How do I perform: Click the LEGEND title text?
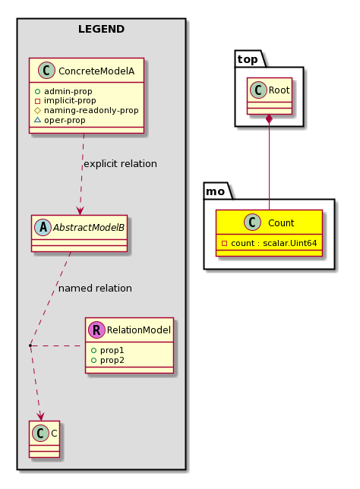[x=101, y=29]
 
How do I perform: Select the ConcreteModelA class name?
[x=96, y=71]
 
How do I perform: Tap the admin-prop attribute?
[x=68, y=91]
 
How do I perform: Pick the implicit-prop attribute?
[x=70, y=101]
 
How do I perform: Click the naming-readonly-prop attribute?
[x=91, y=110]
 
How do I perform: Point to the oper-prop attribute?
[x=65, y=120]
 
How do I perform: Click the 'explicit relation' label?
[x=121, y=164]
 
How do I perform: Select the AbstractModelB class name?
[x=89, y=228]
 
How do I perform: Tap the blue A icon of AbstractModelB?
[x=43, y=227]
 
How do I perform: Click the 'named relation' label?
[x=95, y=289]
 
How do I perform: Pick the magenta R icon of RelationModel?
[x=96, y=330]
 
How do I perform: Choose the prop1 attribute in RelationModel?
[x=112, y=350]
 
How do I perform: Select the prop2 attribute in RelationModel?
[x=112, y=360]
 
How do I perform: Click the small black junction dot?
[x=30, y=345]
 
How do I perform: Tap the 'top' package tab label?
[x=248, y=59]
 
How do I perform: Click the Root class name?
[x=279, y=90]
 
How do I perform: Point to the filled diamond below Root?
[x=269, y=119]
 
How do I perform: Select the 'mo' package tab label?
[x=215, y=191]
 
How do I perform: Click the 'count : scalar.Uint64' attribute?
[x=274, y=243]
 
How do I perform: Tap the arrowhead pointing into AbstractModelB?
[x=80, y=211]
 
